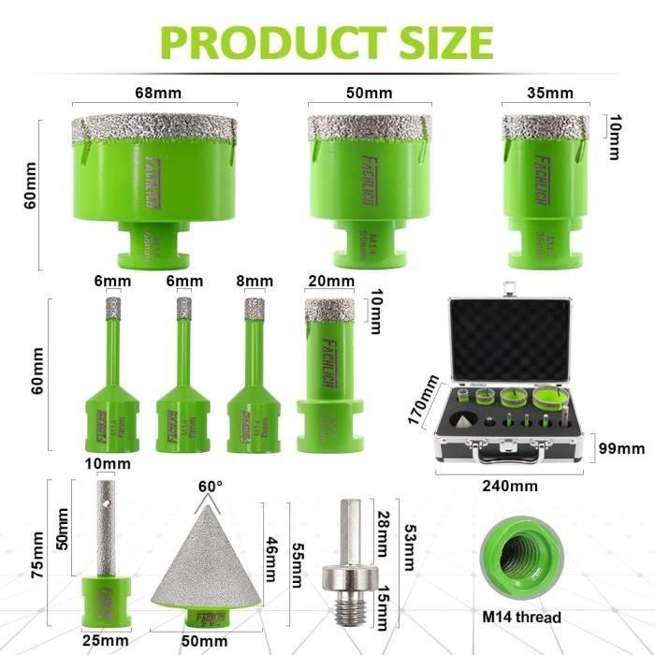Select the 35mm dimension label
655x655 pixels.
(549, 94)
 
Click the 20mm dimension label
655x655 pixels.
(330, 282)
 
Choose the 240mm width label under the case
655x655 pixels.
(512, 486)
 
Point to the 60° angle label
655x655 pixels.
(211, 487)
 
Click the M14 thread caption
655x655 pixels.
(521, 618)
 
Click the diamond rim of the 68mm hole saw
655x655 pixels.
(154, 126)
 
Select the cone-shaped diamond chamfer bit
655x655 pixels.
(212, 561)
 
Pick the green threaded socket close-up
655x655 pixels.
(521, 561)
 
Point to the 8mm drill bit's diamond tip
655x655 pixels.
(254, 307)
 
